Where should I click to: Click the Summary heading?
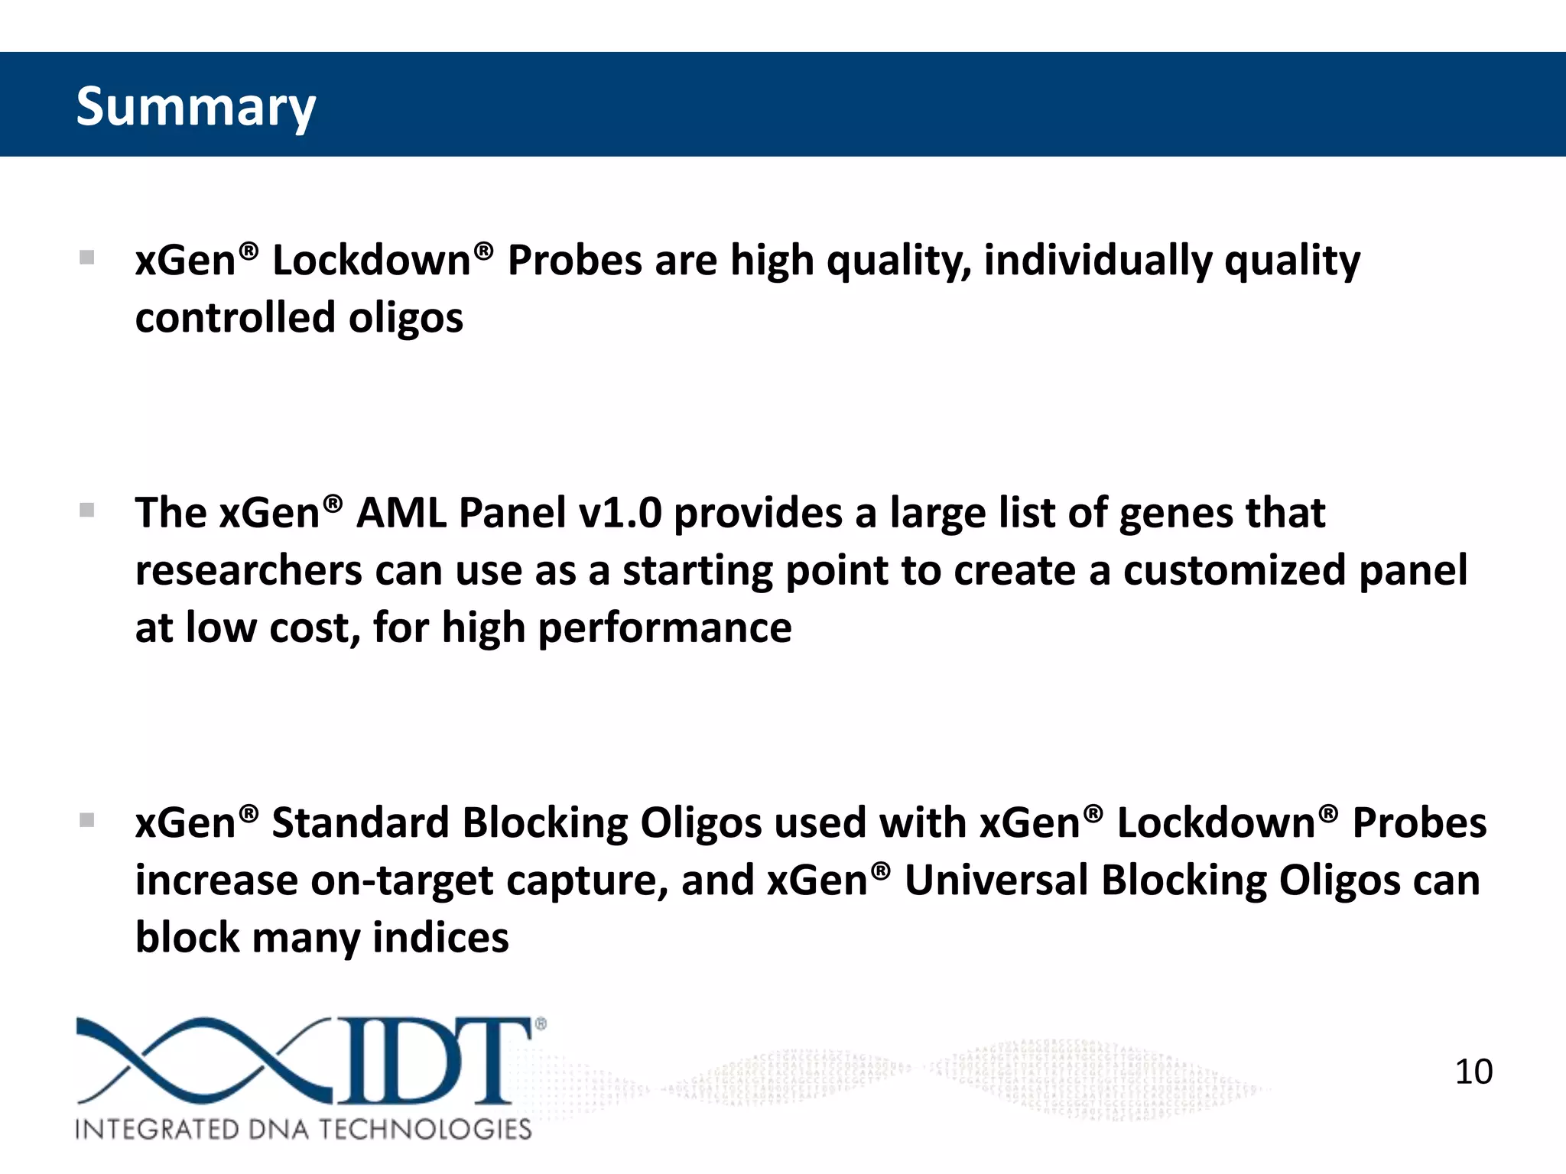click(196, 107)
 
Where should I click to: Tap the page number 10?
click(1473, 1072)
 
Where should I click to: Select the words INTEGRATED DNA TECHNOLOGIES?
click(303, 1129)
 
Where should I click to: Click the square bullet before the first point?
click(87, 258)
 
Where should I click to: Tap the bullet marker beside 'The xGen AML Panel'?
click(87, 510)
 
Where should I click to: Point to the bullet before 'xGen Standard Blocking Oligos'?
click(87, 820)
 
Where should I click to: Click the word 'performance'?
click(664, 629)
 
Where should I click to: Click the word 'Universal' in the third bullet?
click(996, 880)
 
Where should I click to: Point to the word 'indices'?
click(440, 938)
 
